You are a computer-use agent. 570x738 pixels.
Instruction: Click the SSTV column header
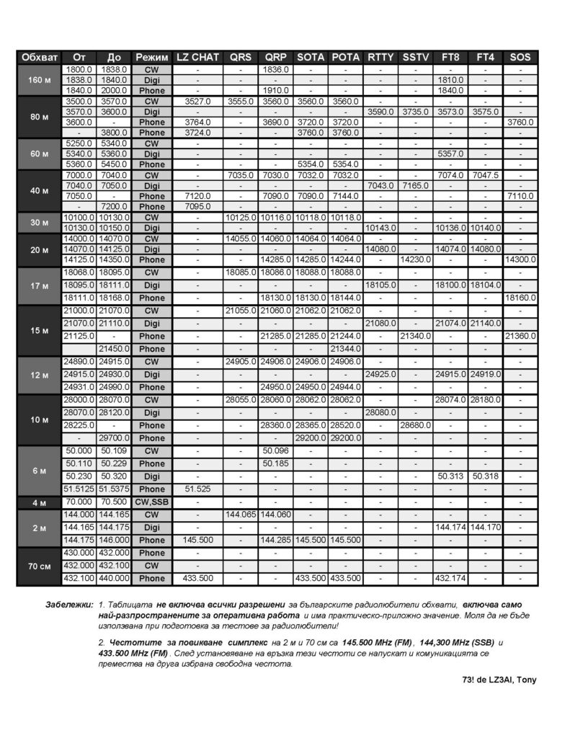pyautogui.click(x=415, y=57)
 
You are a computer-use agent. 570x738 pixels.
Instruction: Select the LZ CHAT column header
pyautogui.click(x=198, y=57)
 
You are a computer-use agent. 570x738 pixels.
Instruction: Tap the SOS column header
pyautogui.click(x=521, y=57)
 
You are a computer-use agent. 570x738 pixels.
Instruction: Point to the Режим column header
pyautogui.click(x=152, y=57)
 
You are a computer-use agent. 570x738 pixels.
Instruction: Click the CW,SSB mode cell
pyautogui.click(x=152, y=502)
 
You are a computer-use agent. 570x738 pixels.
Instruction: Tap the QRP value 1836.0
pyautogui.click(x=275, y=69)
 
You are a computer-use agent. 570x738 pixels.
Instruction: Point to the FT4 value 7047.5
pyautogui.click(x=485, y=175)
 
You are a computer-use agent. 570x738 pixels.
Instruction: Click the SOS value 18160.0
pyautogui.click(x=521, y=298)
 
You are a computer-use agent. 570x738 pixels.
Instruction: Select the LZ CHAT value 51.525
pyautogui.click(x=198, y=489)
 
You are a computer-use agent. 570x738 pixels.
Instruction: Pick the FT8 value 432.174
pyautogui.click(x=450, y=578)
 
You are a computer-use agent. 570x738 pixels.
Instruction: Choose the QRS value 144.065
pyautogui.click(x=241, y=515)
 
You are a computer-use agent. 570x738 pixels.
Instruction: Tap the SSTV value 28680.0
pyautogui.click(x=415, y=425)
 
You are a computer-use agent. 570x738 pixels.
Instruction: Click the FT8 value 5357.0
pyautogui.click(x=450, y=154)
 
